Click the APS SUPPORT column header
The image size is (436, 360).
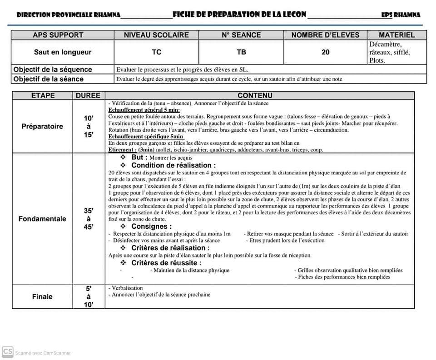58,35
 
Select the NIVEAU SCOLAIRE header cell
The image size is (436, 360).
156,35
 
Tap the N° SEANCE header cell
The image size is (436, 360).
241,35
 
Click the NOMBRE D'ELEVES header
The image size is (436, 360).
325,35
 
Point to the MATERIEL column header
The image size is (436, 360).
396,35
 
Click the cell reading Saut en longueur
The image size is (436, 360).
63,52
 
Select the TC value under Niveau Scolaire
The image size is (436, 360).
156,52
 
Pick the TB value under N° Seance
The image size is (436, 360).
241,52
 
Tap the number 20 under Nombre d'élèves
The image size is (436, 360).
325,52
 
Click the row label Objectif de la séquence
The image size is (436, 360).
53,69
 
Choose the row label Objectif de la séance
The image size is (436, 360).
49,79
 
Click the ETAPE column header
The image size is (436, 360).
43,95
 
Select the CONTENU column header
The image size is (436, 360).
255,95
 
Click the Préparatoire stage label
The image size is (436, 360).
42,126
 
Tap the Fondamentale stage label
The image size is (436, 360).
42,219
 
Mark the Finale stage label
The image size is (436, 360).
42,296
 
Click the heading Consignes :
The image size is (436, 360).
152,226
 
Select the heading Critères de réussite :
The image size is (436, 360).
166,263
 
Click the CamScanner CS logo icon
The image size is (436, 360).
7,352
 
